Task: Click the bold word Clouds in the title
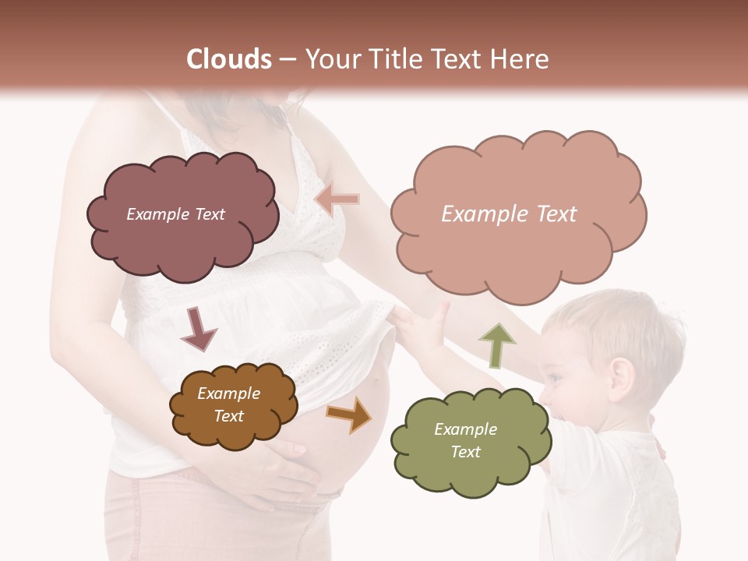pos(229,59)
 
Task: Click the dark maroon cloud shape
pos(182,214)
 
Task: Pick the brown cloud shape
pos(233,405)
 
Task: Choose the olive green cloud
pos(470,441)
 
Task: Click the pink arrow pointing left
pos(337,199)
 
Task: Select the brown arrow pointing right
pos(349,414)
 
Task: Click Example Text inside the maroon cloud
pos(175,214)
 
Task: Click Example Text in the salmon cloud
pos(509,214)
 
